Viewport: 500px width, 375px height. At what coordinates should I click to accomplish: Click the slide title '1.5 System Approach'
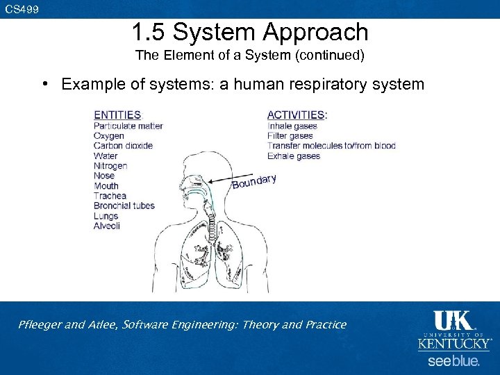(x=249, y=32)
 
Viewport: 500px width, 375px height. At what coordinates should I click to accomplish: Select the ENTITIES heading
(x=117, y=115)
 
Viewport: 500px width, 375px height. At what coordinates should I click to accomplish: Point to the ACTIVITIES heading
(x=297, y=115)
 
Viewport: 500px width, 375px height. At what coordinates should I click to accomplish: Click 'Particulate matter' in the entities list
(x=128, y=126)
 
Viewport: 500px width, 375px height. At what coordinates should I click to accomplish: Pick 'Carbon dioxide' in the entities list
(x=123, y=146)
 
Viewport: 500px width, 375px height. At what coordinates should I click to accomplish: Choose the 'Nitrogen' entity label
(x=110, y=166)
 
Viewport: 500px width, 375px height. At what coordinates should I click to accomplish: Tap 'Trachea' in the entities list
(x=110, y=196)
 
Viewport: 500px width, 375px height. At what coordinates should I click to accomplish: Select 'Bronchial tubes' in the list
(x=124, y=206)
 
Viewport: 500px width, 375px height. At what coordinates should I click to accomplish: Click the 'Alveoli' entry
(x=107, y=226)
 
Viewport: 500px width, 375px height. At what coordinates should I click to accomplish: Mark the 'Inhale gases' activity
(x=292, y=126)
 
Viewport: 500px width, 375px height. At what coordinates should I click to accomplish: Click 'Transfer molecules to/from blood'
(x=331, y=146)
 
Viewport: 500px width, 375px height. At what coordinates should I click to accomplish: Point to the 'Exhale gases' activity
(x=293, y=156)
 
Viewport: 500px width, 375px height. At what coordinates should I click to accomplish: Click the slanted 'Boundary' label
(x=254, y=181)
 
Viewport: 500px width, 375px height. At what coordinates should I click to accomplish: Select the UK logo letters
(x=453, y=321)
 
